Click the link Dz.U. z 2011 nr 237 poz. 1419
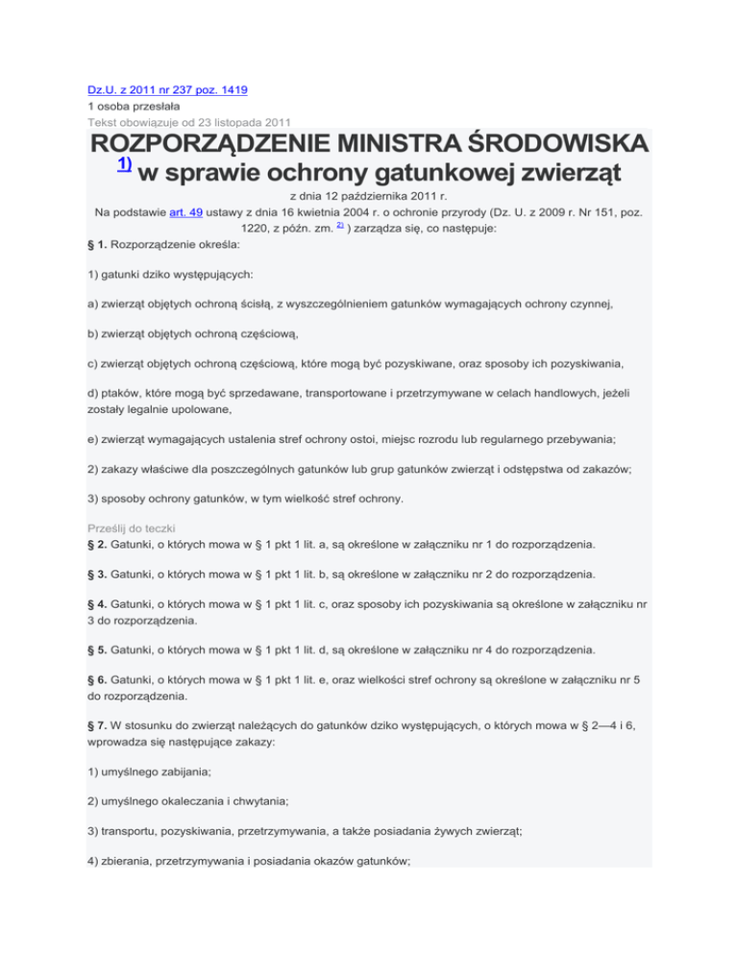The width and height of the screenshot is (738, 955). [168, 89]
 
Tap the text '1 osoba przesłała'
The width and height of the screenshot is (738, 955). [135, 106]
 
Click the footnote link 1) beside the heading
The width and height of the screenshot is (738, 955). [124, 163]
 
